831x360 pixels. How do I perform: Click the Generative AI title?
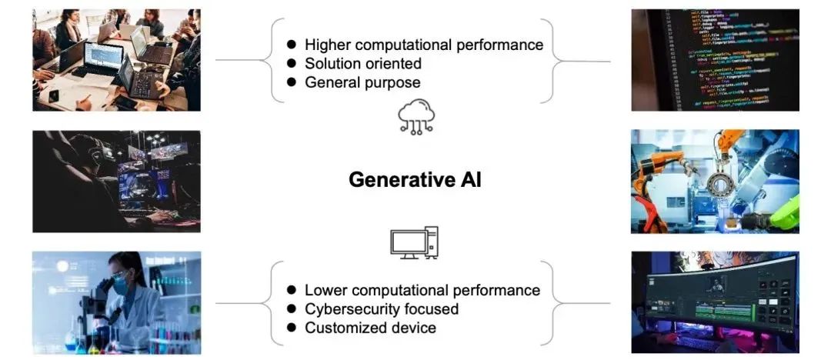(x=415, y=180)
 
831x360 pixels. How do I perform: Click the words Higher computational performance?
(x=424, y=45)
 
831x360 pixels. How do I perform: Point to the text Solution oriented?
(x=363, y=63)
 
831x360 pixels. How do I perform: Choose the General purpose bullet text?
(x=362, y=82)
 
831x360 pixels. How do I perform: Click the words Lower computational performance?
(x=422, y=290)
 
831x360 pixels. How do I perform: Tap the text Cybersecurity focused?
(x=382, y=309)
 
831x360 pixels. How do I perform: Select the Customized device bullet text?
(x=370, y=328)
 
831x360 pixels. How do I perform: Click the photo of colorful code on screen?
(x=715, y=60)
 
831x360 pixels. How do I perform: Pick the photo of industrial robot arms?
(x=715, y=181)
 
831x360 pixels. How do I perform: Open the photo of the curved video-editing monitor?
(x=715, y=302)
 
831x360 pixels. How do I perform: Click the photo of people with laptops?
(x=116, y=60)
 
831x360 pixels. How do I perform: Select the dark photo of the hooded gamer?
(x=116, y=181)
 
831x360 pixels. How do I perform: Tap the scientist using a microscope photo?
(x=116, y=302)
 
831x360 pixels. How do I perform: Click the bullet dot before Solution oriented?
(x=292, y=64)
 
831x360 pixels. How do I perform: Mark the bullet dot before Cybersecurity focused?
(x=292, y=309)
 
